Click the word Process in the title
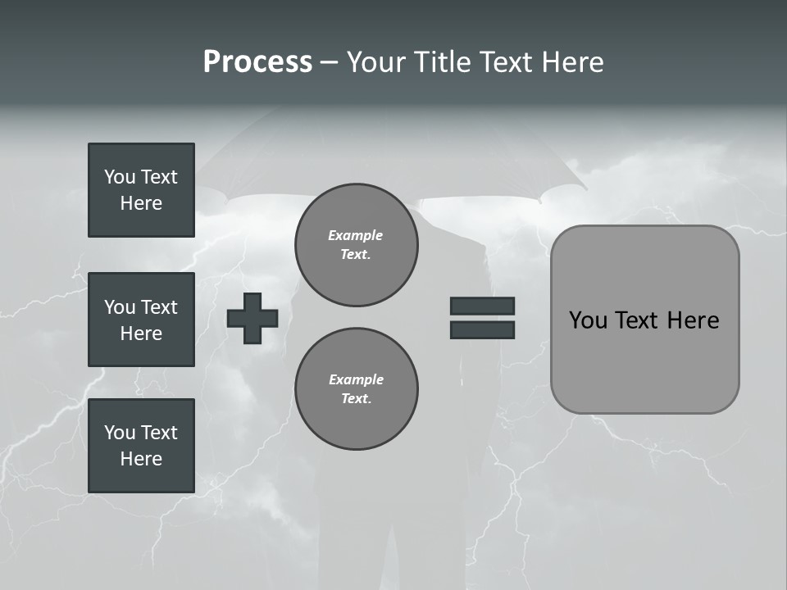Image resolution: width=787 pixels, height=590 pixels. (x=257, y=62)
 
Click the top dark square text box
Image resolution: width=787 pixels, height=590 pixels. (x=141, y=190)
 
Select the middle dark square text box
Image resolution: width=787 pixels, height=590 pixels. (x=141, y=320)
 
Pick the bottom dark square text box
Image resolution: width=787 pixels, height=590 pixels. (x=141, y=446)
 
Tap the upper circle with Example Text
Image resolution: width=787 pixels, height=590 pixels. (x=356, y=245)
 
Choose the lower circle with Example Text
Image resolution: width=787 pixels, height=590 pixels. (x=356, y=388)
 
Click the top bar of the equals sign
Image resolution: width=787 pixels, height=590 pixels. (x=482, y=306)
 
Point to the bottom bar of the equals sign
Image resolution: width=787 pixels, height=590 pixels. (x=482, y=329)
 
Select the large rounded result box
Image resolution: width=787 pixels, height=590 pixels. (x=644, y=320)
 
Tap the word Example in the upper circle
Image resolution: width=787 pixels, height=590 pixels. (x=355, y=235)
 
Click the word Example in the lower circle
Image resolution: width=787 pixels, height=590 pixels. (x=356, y=379)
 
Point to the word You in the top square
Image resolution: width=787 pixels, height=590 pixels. (x=120, y=177)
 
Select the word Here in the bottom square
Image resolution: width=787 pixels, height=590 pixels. (x=141, y=459)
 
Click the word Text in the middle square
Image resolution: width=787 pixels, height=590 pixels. (x=158, y=307)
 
